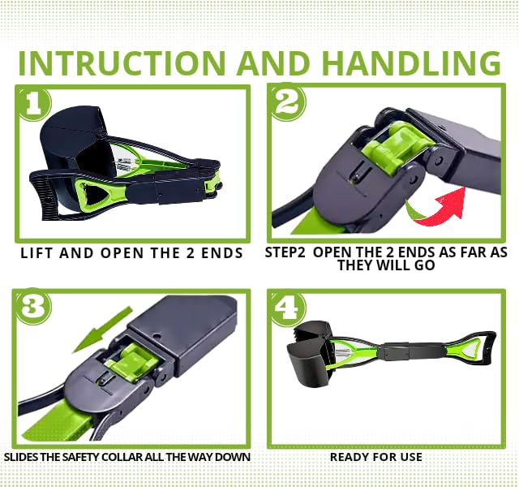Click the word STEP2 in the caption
click(285, 252)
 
